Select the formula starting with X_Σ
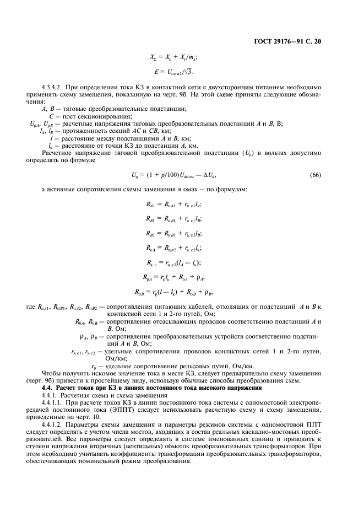coord(173,57)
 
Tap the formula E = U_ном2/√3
coord(173,72)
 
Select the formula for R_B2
coord(173,234)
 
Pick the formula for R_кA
coord(173,248)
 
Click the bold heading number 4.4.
coord(47,389)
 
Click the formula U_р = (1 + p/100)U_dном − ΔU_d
coord(173,175)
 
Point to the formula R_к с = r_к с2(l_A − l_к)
coord(173,263)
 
